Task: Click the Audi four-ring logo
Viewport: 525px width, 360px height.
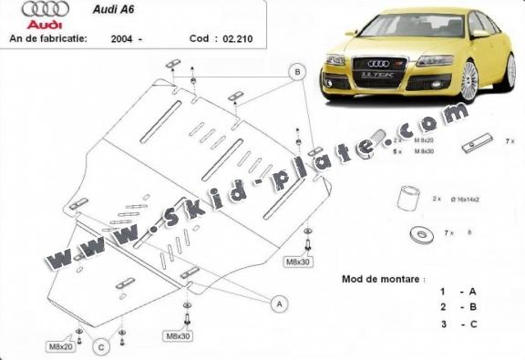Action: click(32, 14)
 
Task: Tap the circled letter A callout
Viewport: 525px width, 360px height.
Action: click(281, 302)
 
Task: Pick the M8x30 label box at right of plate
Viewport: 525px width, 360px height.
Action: click(298, 262)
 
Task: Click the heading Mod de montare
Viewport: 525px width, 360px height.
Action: click(381, 278)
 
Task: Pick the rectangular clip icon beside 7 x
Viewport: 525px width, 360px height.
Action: click(475, 143)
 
